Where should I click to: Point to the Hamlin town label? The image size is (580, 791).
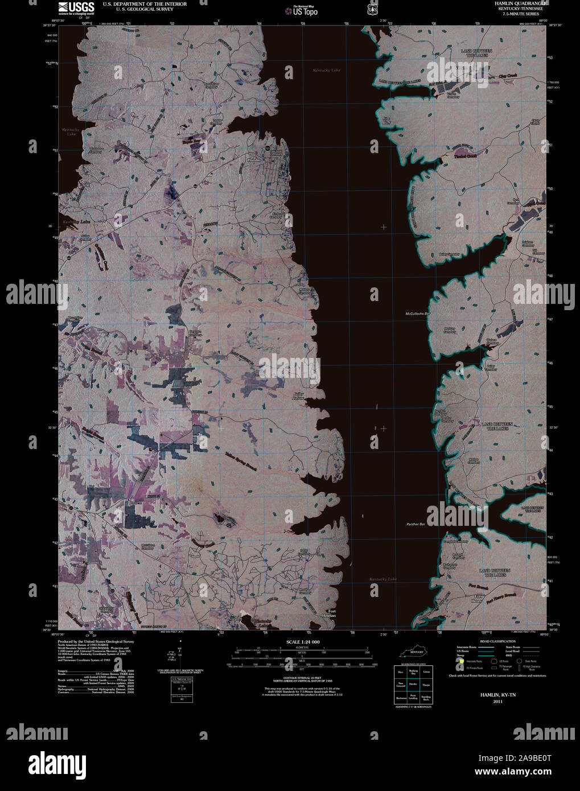click(254, 161)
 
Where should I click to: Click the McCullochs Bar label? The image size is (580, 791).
click(418, 314)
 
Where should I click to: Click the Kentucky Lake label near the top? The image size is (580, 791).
click(326, 70)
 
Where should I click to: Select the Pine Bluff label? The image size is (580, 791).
click(387, 120)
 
